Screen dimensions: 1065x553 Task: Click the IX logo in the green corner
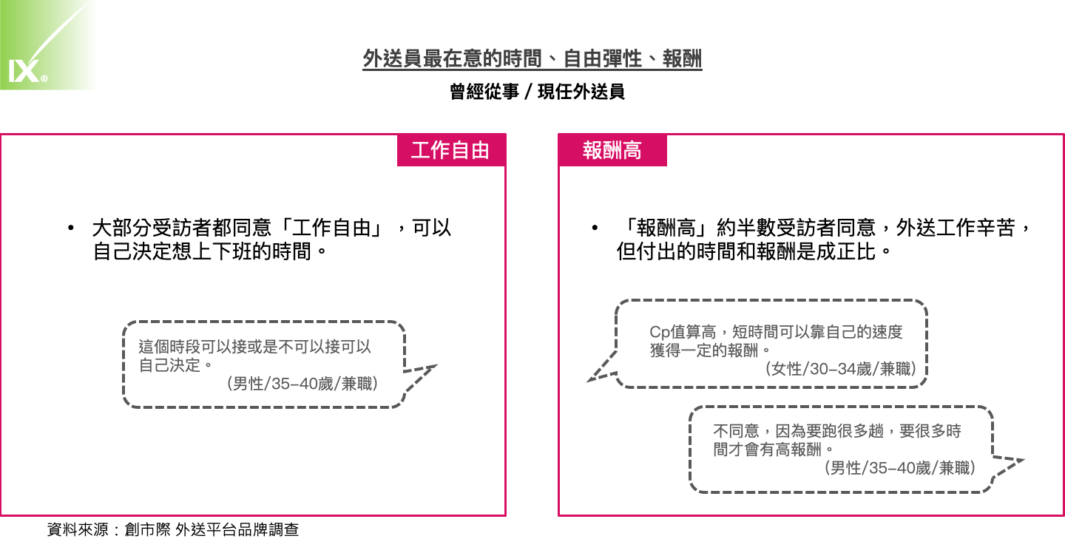(27, 71)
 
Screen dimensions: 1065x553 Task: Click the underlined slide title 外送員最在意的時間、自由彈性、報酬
(532, 59)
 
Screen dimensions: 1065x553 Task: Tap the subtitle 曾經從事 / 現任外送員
(537, 92)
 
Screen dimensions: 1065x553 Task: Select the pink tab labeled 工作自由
(450, 150)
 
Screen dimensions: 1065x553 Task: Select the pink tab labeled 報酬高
(612, 150)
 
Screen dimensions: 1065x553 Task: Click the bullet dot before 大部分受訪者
(71, 228)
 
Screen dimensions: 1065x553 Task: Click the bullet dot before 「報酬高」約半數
(595, 228)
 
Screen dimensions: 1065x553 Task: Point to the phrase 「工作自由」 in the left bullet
(331, 228)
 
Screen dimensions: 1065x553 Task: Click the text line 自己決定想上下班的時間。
(210, 251)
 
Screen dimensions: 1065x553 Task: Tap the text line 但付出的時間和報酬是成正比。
(754, 251)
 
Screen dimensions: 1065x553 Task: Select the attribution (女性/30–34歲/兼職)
(840, 369)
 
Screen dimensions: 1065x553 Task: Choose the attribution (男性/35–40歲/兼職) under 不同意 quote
(899, 468)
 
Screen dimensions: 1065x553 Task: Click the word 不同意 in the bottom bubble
(736, 431)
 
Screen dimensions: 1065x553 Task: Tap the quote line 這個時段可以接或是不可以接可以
(255, 346)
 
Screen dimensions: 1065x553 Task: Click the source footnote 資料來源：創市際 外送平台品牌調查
(173, 529)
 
